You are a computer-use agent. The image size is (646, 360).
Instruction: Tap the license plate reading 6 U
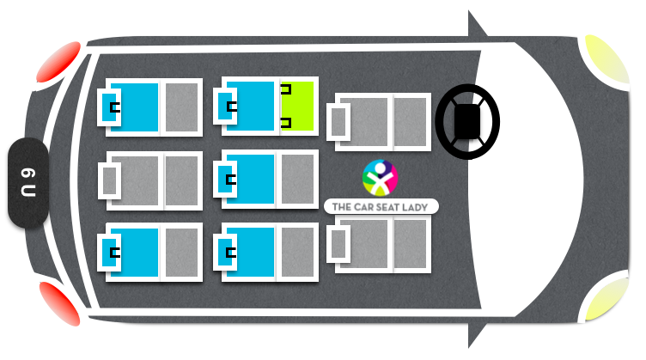click(28, 182)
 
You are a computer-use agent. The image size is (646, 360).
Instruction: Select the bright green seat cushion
click(297, 106)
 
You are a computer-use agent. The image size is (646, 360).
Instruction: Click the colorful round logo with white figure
click(380, 178)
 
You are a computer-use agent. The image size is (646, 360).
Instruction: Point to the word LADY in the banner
click(415, 207)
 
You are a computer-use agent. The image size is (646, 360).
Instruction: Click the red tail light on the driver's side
click(58, 62)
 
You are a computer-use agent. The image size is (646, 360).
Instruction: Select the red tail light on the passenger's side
click(60, 303)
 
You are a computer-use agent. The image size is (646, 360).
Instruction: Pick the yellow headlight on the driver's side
click(606, 60)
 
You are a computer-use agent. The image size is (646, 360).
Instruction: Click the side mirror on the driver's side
click(476, 26)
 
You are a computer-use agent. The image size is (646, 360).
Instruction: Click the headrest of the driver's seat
click(338, 122)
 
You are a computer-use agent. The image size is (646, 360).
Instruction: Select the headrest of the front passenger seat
click(338, 244)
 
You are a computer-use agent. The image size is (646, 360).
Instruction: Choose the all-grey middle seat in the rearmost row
click(150, 180)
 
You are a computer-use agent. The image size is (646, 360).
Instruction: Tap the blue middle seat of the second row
click(265, 180)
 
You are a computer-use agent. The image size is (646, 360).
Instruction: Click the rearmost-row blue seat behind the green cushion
click(150, 107)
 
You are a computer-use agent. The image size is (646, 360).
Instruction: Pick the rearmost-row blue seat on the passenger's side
click(150, 252)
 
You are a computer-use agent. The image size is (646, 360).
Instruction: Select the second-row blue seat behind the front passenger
click(265, 252)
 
